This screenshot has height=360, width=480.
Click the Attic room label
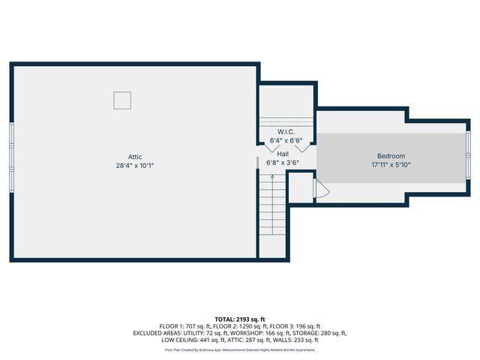(135, 157)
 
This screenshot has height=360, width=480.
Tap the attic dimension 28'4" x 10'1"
(135, 166)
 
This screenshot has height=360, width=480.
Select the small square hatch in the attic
(122, 100)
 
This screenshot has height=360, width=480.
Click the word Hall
(283, 153)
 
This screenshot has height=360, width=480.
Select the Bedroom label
(391, 156)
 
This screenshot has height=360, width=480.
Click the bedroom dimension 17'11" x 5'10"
(391, 165)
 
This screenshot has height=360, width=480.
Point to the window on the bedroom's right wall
(468, 156)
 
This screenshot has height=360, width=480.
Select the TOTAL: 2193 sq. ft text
(240, 319)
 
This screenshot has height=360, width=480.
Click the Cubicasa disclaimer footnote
(240, 349)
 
